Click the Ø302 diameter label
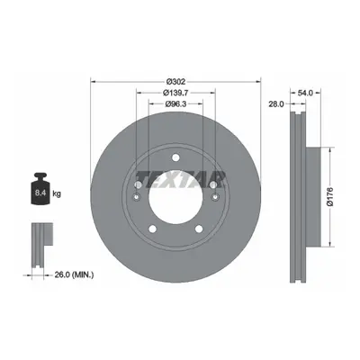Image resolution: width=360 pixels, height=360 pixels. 176,81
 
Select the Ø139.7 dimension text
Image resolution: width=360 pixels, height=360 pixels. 175,93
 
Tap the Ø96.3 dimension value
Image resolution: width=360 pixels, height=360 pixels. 175,104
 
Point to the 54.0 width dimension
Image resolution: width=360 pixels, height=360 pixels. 306,93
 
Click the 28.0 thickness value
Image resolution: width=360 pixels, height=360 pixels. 275,103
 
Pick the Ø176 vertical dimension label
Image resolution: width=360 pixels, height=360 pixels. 330,197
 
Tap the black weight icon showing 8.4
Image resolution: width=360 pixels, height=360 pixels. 40,189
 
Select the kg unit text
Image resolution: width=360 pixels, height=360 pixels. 57,193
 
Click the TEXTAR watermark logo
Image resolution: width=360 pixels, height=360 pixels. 180,179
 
